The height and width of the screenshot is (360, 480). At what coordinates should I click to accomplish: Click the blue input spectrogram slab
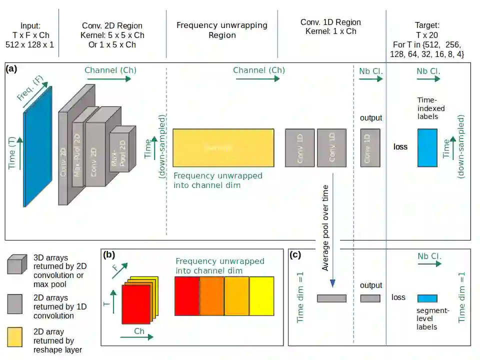37,147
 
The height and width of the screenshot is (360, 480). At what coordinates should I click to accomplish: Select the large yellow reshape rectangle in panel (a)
223,147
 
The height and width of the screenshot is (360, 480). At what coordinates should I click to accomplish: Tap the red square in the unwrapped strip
187,296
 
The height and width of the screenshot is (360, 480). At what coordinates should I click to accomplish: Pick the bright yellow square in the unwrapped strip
261,296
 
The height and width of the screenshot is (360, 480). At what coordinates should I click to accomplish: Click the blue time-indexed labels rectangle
427,147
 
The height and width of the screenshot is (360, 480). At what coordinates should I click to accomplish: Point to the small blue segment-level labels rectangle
427,298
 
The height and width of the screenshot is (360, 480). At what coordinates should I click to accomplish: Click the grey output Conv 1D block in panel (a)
370,147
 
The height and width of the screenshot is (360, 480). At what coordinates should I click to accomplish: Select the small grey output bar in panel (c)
370,298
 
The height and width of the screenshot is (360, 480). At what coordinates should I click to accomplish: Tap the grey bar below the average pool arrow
331,298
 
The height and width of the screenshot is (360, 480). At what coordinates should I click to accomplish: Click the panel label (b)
109,254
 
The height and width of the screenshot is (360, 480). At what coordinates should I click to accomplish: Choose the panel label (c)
295,254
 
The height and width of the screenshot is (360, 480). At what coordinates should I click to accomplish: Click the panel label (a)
11,69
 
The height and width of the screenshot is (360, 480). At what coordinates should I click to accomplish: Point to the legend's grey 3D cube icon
17,264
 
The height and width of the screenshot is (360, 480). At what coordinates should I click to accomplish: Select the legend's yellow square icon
16,337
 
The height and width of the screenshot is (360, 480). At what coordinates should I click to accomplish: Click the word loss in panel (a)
400,147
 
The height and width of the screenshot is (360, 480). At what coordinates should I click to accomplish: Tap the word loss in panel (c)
398,297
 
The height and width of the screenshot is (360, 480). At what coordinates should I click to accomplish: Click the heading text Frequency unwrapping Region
222,30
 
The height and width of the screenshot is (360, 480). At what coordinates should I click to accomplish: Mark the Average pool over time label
325,227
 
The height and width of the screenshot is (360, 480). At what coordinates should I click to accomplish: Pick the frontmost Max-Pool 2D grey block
123,149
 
